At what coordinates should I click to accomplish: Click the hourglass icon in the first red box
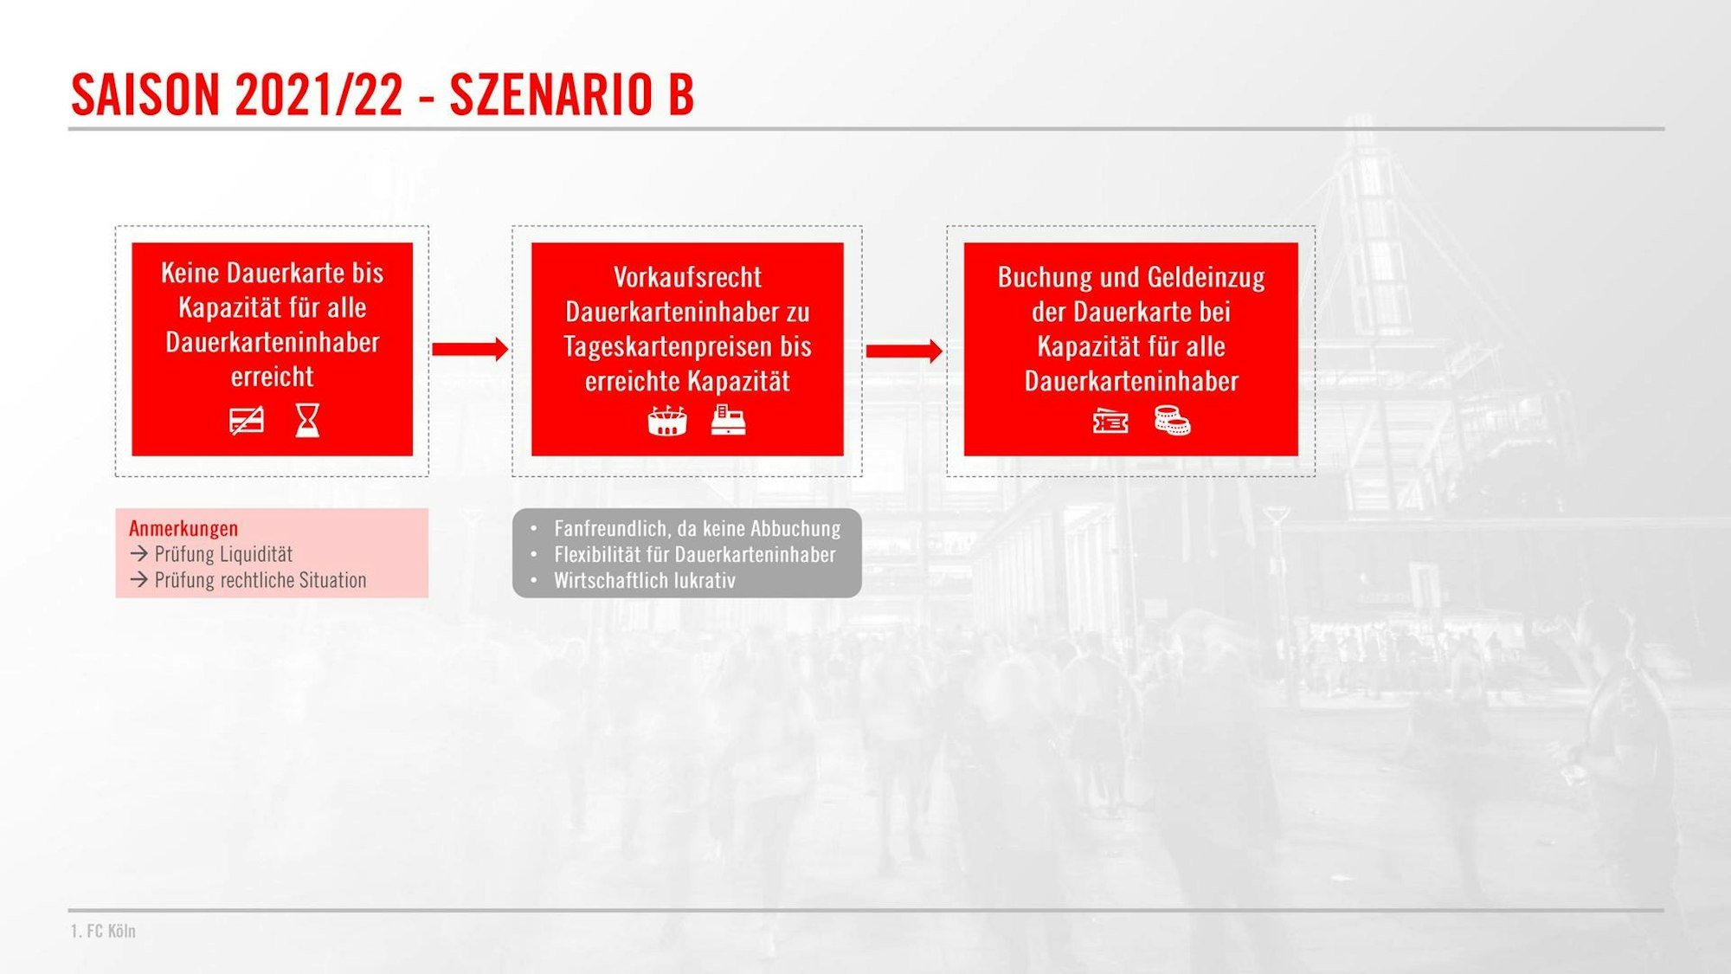tap(307, 421)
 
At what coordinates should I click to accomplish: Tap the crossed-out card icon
tap(247, 421)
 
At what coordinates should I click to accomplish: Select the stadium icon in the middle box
tap(667, 421)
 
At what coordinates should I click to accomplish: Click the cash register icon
tap(728, 420)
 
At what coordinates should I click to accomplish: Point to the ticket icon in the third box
tap(1110, 422)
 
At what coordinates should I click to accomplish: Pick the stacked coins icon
tap(1172, 421)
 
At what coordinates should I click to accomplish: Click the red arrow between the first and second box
tap(470, 349)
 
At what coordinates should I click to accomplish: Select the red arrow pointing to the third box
tap(904, 351)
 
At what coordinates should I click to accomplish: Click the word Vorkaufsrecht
tap(687, 277)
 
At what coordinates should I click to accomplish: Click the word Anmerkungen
tap(183, 528)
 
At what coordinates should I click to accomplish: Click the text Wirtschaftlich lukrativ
tap(645, 580)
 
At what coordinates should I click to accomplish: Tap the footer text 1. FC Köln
tap(103, 931)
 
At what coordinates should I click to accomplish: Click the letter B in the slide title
tap(681, 94)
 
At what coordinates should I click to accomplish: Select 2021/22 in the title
tap(319, 94)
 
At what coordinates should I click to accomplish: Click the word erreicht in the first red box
tap(272, 377)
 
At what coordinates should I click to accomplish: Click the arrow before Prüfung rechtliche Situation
tap(138, 579)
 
